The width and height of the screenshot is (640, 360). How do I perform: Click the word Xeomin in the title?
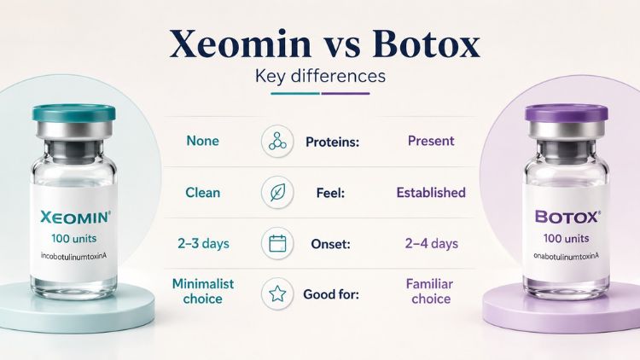tap(241, 44)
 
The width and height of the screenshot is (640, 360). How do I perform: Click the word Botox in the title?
tap(426, 44)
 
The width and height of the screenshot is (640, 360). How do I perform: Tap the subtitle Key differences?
tap(320, 76)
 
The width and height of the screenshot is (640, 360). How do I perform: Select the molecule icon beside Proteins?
tap(277, 142)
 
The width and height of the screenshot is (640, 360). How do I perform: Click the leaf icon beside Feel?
tap(277, 192)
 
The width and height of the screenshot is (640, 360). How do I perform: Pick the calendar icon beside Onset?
tap(277, 244)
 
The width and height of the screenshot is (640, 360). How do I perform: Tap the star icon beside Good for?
tap(277, 293)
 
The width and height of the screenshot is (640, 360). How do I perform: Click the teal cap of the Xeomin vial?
tap(74, 113)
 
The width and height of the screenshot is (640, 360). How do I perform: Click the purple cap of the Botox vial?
tap(566, 113)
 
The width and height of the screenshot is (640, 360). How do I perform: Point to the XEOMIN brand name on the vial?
tap(75, 218)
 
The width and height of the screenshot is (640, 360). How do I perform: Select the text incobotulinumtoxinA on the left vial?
tap(74, 256)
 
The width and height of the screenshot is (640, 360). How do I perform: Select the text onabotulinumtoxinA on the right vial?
tap(566, 256)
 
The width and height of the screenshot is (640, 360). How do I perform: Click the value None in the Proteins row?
tap(202, 141)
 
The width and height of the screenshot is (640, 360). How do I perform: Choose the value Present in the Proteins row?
tap(431, 141)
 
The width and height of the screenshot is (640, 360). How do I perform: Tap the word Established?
tap(431, 192)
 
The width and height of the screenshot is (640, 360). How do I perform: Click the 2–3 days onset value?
tap(203, 244)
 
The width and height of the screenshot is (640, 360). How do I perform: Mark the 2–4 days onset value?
tap(432, 244)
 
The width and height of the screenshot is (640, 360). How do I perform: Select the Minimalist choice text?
tap(203, 291)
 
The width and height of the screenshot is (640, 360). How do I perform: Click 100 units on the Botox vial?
tap(566, 238)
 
